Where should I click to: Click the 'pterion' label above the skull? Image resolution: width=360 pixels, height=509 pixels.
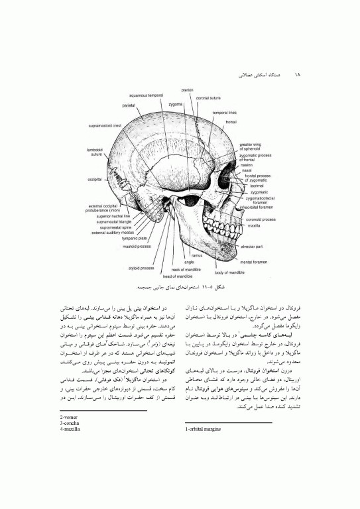pos(187,89)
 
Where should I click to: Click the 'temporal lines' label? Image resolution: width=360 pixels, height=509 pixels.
pos(225,113)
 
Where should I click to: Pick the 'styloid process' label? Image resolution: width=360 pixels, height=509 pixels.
pos(139,268)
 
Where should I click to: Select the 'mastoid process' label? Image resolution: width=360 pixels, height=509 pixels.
pos(138,247)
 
